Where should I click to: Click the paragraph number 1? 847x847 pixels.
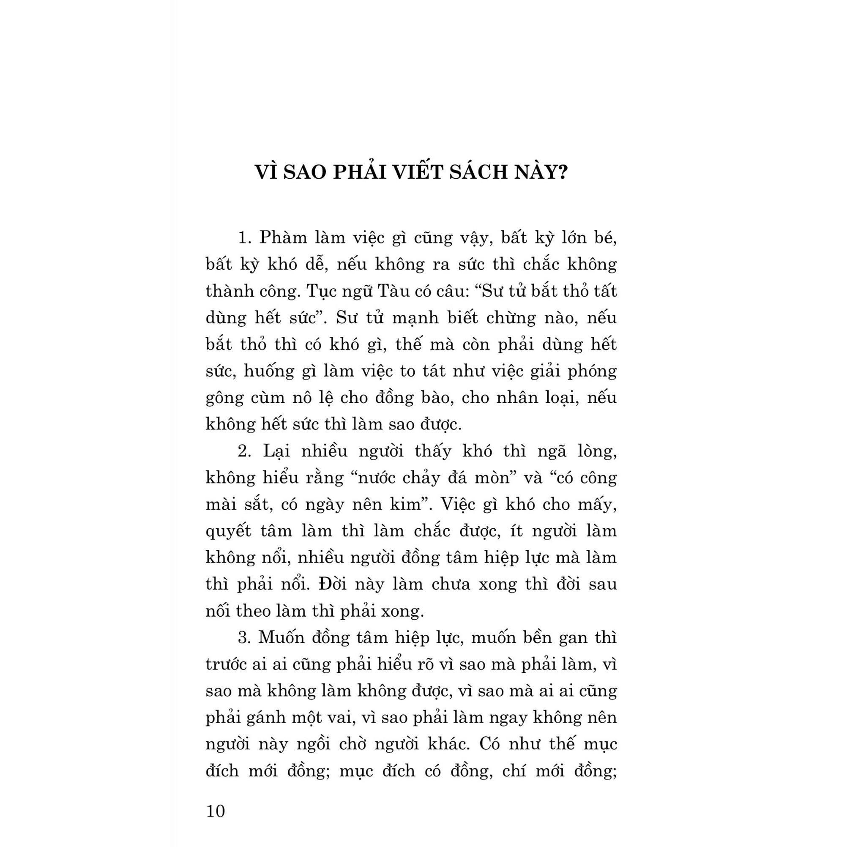243,238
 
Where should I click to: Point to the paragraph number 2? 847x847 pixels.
243,451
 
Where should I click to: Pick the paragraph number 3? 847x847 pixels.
243,637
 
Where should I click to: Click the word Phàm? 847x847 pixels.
282,238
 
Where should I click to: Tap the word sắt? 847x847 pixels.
257,505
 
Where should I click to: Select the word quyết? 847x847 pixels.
228,531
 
